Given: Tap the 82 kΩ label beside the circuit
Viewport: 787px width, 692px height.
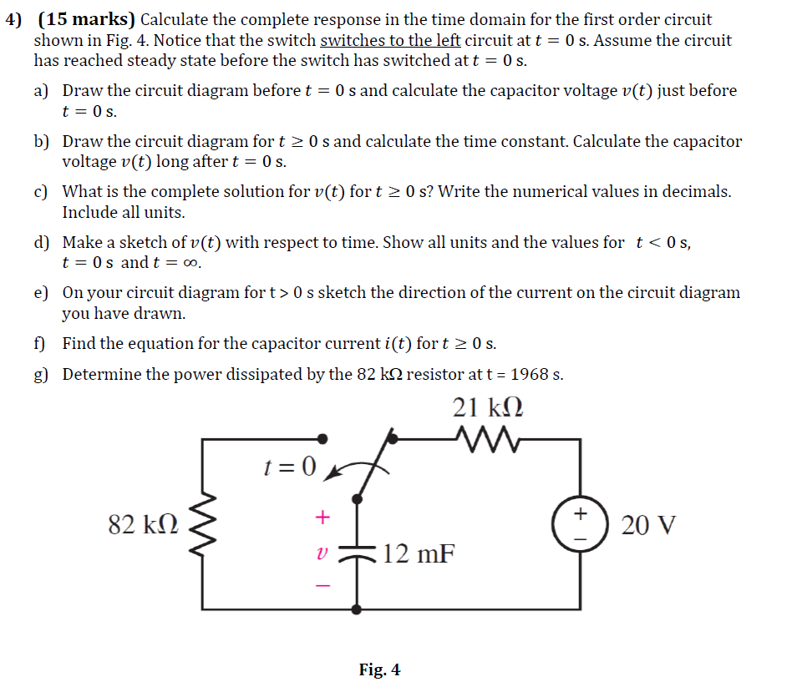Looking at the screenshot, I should [x=143, y=525].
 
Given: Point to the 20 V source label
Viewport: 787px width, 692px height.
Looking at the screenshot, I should [x=649, y=526].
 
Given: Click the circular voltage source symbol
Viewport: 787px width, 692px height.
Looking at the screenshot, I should [x=581, y=525].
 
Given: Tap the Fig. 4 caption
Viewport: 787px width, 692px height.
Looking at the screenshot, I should [x=379, y=669].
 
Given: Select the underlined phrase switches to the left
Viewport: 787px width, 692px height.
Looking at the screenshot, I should [x=390, y=40].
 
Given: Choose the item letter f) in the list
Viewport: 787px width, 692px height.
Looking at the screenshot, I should [x=41, y=343].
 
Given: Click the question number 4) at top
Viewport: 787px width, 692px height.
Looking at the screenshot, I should [x=14, y=20].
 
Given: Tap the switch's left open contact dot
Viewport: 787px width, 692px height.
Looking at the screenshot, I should [x=326, y=437].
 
